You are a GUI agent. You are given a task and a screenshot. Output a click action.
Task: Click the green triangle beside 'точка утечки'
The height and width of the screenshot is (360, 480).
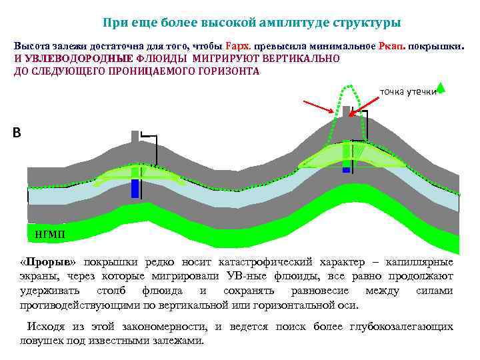click(x=441, y=87)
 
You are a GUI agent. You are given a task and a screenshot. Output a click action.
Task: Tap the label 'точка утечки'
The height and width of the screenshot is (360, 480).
click(x=407, y=91)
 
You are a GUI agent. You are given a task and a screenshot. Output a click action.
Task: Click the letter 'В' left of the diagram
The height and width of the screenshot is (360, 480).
click(x=17, y=133)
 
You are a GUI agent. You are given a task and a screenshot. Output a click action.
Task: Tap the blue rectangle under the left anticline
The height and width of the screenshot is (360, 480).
click(x=135, y=188)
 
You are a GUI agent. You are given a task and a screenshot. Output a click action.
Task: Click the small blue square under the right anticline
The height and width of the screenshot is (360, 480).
click(x=346, y=170)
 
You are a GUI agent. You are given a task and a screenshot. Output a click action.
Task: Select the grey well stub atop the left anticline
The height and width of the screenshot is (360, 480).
click(x=135, y=137)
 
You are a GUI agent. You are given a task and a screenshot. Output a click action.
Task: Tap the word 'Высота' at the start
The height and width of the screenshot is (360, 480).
click(x=32, y=47)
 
